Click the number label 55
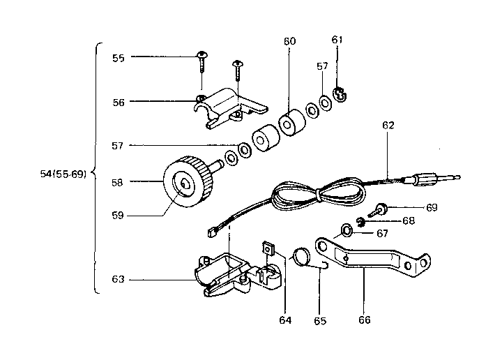[119, 58]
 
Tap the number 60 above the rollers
[289, 41]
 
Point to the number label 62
[388, 126]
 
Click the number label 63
[119, 279]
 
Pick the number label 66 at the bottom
[364, 320]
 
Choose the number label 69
[432, 207]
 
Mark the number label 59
[119, 216]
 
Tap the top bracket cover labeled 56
[227, 106]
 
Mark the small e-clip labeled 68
[360, 222]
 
